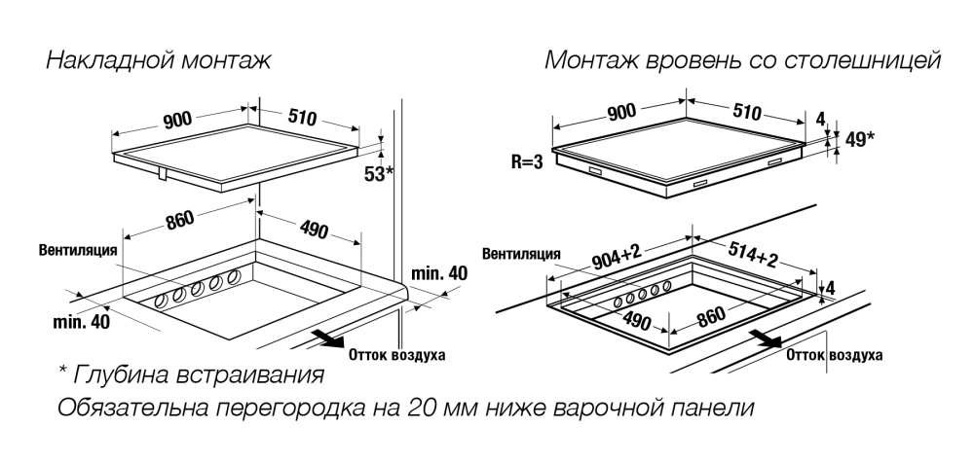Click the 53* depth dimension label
coord(378,173)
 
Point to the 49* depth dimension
coord(857,139)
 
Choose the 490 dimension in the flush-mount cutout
coord(637,320)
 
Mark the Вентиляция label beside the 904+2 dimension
coord(521,254)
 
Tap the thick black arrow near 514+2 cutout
coord(765,338)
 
